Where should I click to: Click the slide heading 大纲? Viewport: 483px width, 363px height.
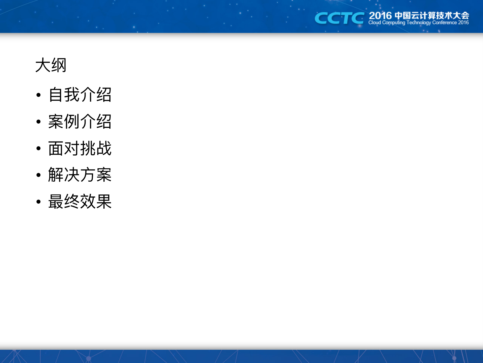[51, 65]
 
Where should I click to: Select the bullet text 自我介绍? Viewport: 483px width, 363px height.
[80, 95]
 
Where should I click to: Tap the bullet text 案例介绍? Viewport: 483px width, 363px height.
[80, 121]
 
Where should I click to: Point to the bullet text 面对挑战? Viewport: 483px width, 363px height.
[80, 148]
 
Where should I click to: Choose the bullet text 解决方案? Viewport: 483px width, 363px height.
[80, 175]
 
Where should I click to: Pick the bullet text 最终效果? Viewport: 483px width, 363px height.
[80, 201]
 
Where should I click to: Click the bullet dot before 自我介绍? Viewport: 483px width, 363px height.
[39, 95]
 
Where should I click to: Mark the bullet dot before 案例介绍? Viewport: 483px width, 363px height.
[39, 122]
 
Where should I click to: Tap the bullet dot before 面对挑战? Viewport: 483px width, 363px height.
[39, 148]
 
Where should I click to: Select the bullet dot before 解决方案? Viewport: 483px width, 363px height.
[39, 175]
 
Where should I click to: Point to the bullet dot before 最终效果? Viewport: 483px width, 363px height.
[39, 202]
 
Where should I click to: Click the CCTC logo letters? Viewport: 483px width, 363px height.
[339, 18]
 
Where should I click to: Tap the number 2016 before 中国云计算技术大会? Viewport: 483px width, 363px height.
[380, 16]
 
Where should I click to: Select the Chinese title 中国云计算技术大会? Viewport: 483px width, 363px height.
[432, 16]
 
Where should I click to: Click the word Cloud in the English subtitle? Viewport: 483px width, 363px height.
[375, 23]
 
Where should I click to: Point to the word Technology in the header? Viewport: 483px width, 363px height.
[419, 23]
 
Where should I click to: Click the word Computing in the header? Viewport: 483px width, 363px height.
[394, 23]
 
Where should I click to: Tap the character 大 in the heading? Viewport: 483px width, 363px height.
[43, 65]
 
